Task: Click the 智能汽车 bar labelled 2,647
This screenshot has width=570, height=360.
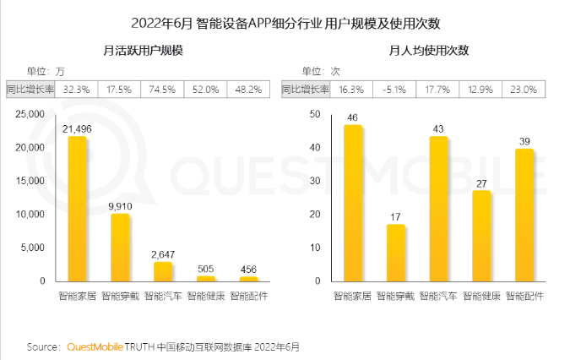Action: pyautogui.click(x=162, y=271)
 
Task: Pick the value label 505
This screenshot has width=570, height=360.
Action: pyautogui.click(x=205, y=269)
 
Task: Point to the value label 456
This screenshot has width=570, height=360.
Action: pyautogui.click(x=248, y=270)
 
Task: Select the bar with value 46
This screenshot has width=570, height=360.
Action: pyautogui.click(x=354, y=203)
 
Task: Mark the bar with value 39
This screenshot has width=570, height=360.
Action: pyautogui.click(x=524, y=215)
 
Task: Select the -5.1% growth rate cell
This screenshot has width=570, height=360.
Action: pyautogui.click(x=395, y=88)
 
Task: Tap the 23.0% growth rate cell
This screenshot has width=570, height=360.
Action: pyautogui.click(x=524, y=88)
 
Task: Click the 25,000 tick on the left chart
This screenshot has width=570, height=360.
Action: pyautogui.click(x=29, y=114)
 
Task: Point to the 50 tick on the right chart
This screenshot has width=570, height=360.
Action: pyautogui.click(x=315, y=114)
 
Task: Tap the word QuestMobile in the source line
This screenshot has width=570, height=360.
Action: pyautogui.click(x=94, y=346)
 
